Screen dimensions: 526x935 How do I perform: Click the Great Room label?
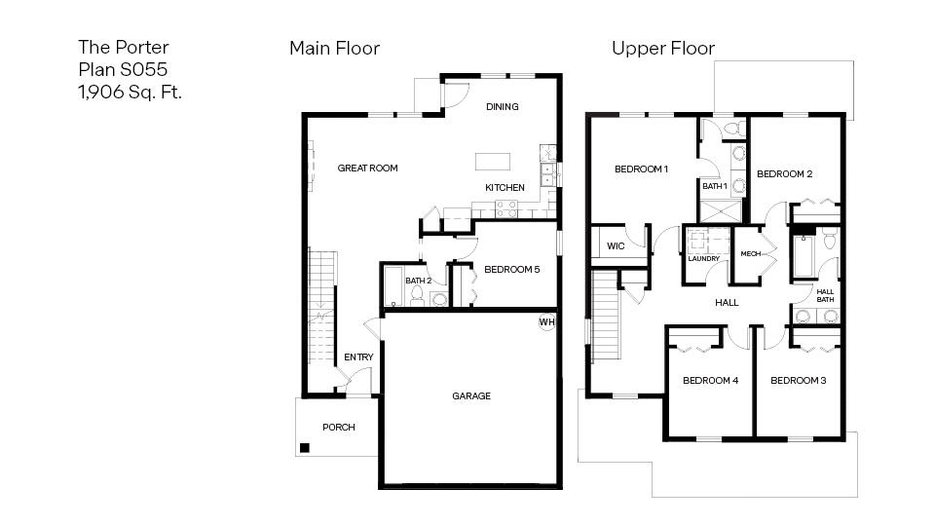click(367, 168)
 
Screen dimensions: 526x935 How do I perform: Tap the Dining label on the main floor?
click(502, 107)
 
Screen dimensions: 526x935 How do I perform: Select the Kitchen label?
click(505, 187)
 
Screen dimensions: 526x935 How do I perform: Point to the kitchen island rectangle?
click(493, 161)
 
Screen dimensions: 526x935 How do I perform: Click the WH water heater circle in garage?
click(546, 321)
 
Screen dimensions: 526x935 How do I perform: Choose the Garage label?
click(470, 396)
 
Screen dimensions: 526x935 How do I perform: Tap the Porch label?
click(338, 427)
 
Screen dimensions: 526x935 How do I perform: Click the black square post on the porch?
click(305, 448)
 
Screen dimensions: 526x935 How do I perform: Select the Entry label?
click(358, 357)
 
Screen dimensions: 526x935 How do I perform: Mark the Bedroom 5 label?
click(511, 270)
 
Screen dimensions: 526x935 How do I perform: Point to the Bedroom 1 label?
click(641, 169)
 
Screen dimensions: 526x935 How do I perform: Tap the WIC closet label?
click(616, 246)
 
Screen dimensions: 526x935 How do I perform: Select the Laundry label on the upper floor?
click(703, 259)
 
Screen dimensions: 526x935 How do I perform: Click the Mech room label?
click(750, 253)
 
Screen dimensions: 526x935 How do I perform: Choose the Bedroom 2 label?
click(784, 174)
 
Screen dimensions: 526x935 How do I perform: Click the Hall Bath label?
click(825, 295)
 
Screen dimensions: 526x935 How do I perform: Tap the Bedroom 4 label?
click(710, 380)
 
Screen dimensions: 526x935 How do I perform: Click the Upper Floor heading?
click(662, 48)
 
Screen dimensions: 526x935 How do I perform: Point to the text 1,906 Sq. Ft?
click(130, 93)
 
